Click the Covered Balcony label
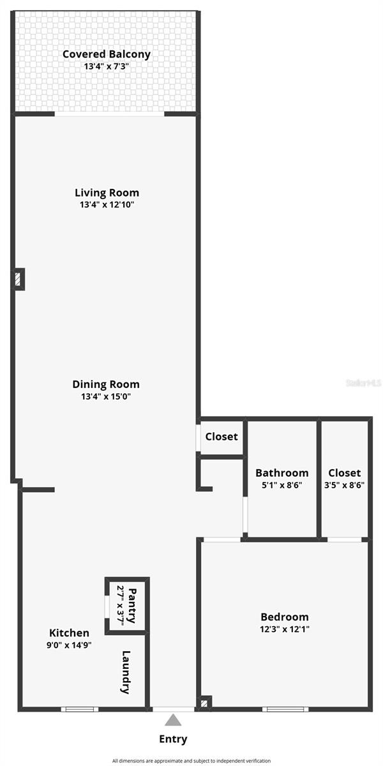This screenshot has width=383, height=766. pos(107,54)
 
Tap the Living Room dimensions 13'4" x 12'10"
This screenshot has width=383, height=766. pos(107,204)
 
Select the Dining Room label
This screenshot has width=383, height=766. pos(106,384)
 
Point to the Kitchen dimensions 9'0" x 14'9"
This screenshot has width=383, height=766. pos(69,645)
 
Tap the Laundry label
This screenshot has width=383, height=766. pos(126,672)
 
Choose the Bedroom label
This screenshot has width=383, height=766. pos(285,617)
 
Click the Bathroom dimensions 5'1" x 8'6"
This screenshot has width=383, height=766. pos(282,485)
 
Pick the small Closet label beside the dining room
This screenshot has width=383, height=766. pos(222,437)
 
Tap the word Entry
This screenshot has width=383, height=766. pos(173,739)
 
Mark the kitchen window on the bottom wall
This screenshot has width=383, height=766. pos(80,709)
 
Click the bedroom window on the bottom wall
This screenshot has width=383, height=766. pos(285,709)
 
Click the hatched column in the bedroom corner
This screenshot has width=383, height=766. pos(204,703)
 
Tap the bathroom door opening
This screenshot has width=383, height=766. pos(245,514)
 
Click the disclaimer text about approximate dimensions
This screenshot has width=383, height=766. pos(191,761)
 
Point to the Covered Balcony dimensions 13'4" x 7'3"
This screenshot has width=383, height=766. pos(107,66)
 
